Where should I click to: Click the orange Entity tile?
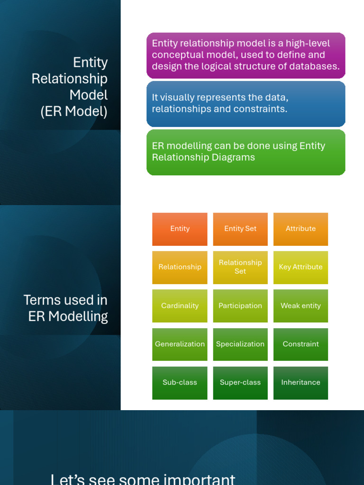[x=180, y=229]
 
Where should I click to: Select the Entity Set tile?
[x=240, y=229]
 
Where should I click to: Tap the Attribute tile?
[x=300, y=229]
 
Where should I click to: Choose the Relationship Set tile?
[x=240, y=268]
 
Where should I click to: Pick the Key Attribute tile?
[x=300, y=268]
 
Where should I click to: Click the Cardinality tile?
[x=180, y=306]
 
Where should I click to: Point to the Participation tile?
[x=240, y=306]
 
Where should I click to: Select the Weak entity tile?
[x=300, y=306]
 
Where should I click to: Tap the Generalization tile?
[x=180, y=344]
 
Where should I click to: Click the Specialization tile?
[x=240, y=344]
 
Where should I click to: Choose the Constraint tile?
[x=300, y=344]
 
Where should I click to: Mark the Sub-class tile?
[x=180, y=383]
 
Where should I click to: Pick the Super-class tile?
[x=240, y=383]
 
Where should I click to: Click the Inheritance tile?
[x=300, y=383]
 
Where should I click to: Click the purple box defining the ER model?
[x=246, y=55]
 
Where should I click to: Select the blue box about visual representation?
[x=246, y=104]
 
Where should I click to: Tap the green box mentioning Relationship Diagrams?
[x=246, y=153]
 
